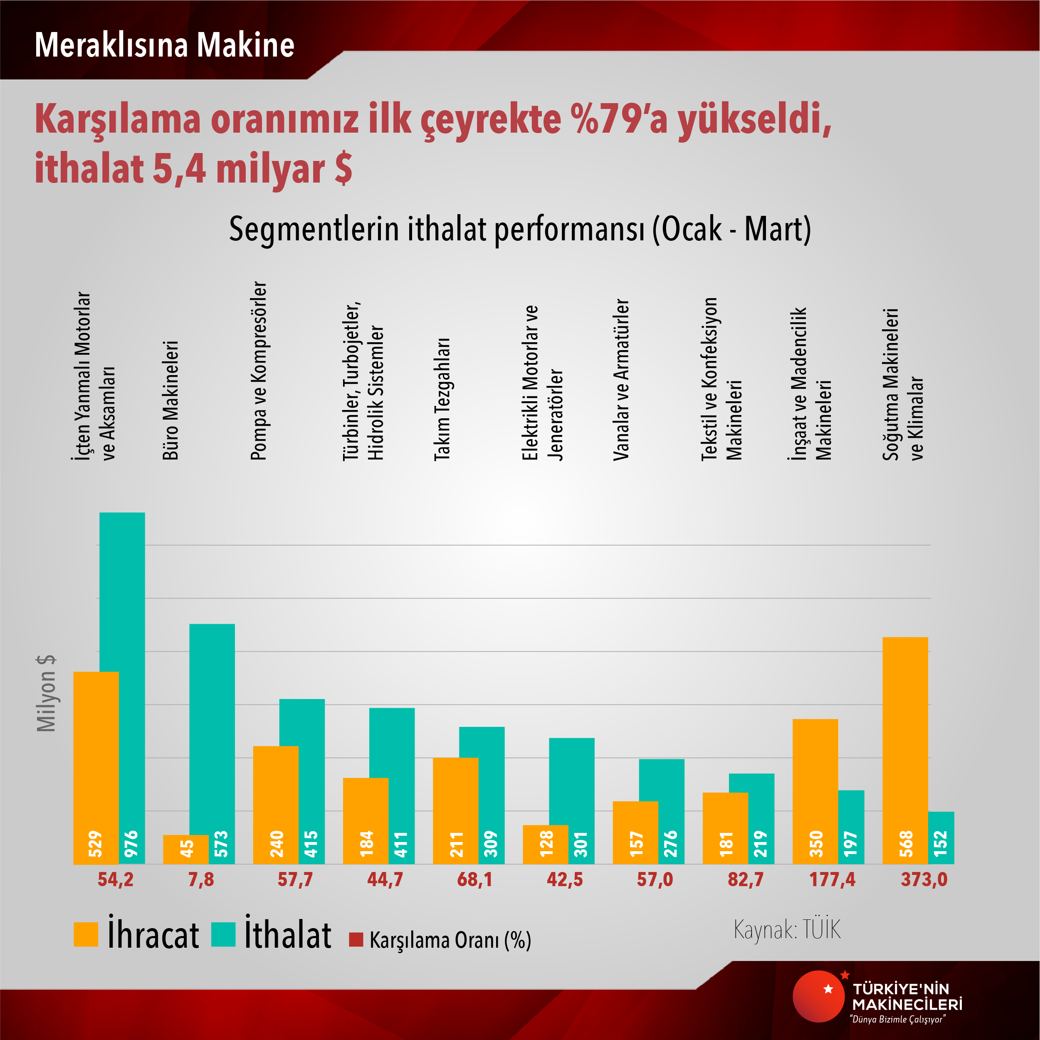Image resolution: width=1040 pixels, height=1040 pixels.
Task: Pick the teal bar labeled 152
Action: (x=941, y=837)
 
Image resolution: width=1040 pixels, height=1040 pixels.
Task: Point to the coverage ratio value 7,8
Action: (x=201, y=879)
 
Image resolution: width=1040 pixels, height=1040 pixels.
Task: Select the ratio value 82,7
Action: (x=746, y=879)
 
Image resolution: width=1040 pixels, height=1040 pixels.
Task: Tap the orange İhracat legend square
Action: (x=86, y=934)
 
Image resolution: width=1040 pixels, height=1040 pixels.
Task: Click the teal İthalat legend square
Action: (x=223, y=934)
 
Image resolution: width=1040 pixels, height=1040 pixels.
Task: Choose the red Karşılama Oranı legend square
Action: (x=356, y=939)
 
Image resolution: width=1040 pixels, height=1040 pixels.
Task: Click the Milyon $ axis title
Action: (x=46, y=693)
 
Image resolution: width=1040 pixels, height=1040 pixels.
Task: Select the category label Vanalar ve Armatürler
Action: (x=621, y=380)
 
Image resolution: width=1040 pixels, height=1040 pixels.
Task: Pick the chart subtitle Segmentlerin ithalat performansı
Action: (x=519, y=229)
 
